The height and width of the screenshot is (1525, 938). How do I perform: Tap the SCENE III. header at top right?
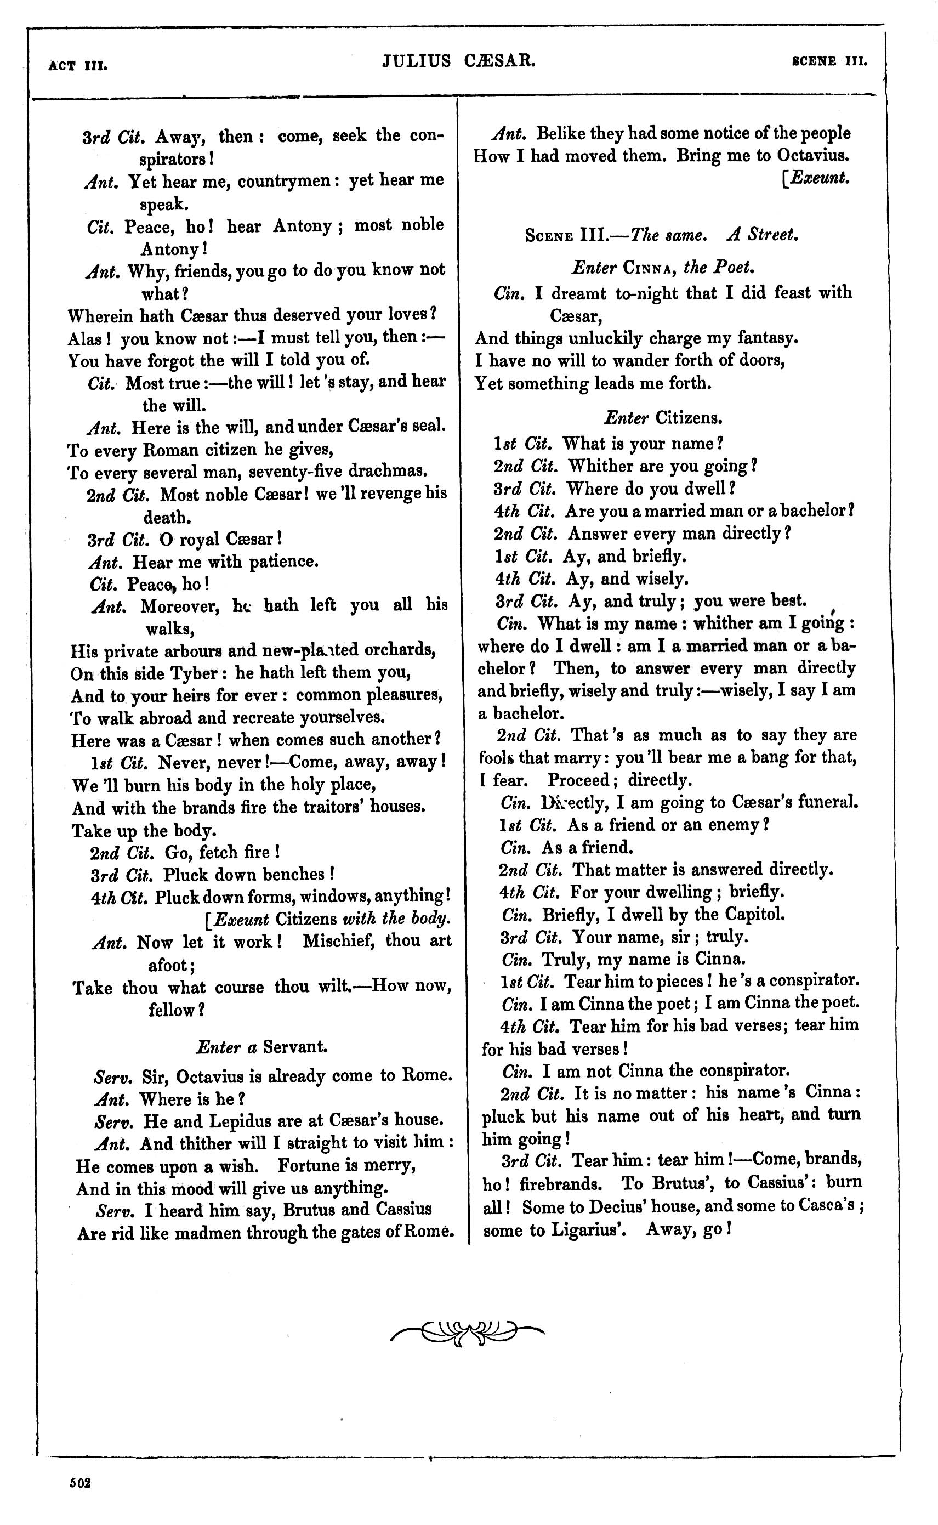[829, 61]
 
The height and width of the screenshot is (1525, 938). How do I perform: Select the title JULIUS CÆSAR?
[459, 61]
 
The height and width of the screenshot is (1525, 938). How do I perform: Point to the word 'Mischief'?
[339, 940]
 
